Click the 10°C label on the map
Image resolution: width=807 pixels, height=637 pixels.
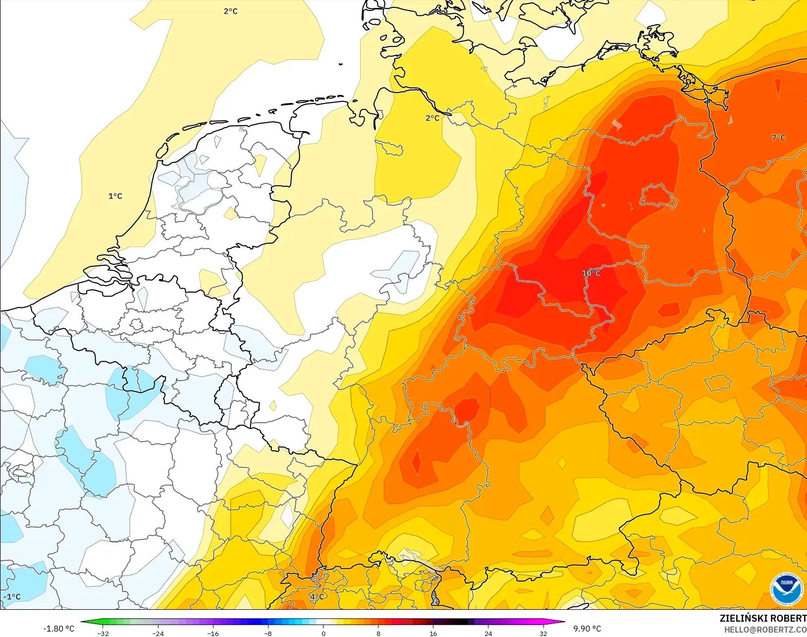tap(591, 273)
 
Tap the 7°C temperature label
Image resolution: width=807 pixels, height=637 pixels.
tap(778, 138)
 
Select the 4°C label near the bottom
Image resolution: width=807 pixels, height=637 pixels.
tap(317, 597)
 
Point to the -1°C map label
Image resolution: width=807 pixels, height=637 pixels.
tap(12, 597)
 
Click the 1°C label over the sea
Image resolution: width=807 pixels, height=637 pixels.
tap(115, 196)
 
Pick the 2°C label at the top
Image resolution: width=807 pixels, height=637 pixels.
tap(230, 11)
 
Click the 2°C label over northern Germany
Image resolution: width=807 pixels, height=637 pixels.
tap(432, 118)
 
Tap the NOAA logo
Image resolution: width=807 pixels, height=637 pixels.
tap(787, 588)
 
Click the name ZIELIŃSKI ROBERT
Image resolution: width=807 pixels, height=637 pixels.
tap(763, 618)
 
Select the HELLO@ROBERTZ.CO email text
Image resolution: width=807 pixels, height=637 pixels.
tap(765, 630)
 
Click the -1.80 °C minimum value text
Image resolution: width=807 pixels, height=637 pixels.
tap(58, 629)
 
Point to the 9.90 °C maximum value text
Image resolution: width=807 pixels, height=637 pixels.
tap(587, 629)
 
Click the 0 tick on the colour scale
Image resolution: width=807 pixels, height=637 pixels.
tap(323, 634)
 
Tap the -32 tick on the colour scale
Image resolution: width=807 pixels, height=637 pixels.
tap(103, 634)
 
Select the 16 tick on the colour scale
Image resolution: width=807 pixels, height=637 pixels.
tap(433, 634)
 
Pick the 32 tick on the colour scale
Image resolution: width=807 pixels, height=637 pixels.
tap(543, 634)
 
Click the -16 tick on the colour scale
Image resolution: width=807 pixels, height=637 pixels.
tap(213, 634)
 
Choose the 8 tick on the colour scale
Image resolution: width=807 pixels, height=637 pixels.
tap(378, 634)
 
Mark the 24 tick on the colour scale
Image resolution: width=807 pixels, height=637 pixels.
tap(488, 634)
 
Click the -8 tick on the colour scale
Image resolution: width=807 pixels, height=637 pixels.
tap(268, 634)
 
